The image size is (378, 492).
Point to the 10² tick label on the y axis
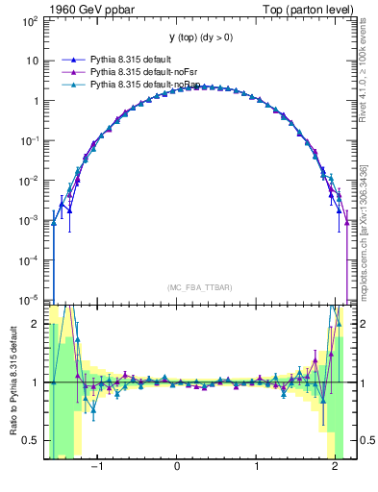coord(31,20)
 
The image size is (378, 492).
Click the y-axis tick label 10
coord(33,61)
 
